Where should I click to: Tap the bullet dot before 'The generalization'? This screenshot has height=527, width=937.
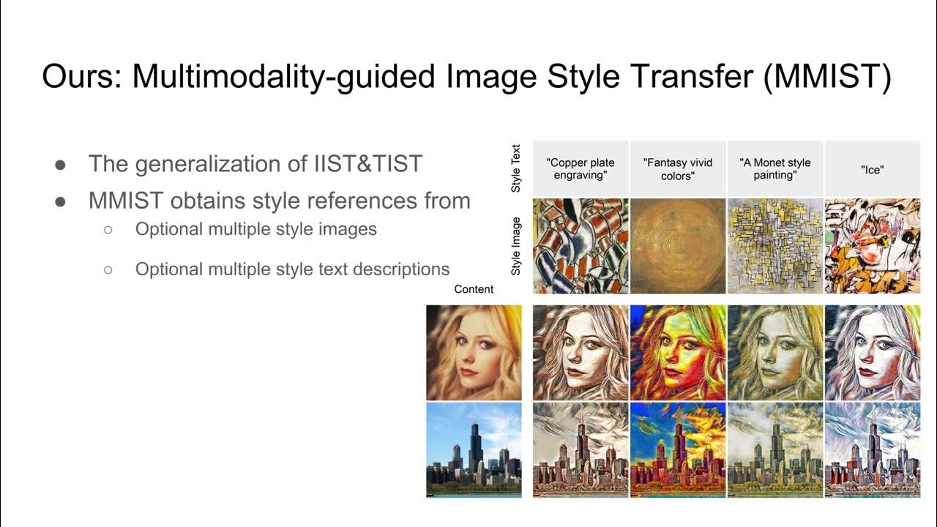61,164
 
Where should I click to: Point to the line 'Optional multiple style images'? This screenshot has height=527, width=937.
255,229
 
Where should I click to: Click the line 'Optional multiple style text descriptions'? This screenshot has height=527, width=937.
292,269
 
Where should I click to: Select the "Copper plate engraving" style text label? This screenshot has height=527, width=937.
581,168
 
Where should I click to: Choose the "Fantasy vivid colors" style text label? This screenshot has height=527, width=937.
677,168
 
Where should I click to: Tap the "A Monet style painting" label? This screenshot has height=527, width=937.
774,168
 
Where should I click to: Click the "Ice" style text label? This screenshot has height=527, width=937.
873,168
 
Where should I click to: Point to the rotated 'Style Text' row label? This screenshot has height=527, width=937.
516,168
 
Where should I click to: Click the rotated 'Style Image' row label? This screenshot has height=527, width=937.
516,246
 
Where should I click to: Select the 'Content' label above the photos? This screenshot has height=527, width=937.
474,289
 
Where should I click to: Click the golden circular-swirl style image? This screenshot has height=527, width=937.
677,246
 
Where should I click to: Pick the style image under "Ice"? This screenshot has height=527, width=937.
873,246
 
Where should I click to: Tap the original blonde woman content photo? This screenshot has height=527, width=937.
474,352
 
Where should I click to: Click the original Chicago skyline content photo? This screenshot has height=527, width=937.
474,449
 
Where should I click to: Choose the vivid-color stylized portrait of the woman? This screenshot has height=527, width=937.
677,352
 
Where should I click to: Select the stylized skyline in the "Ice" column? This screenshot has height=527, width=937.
873,449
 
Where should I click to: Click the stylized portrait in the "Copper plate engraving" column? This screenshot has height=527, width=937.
581,352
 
